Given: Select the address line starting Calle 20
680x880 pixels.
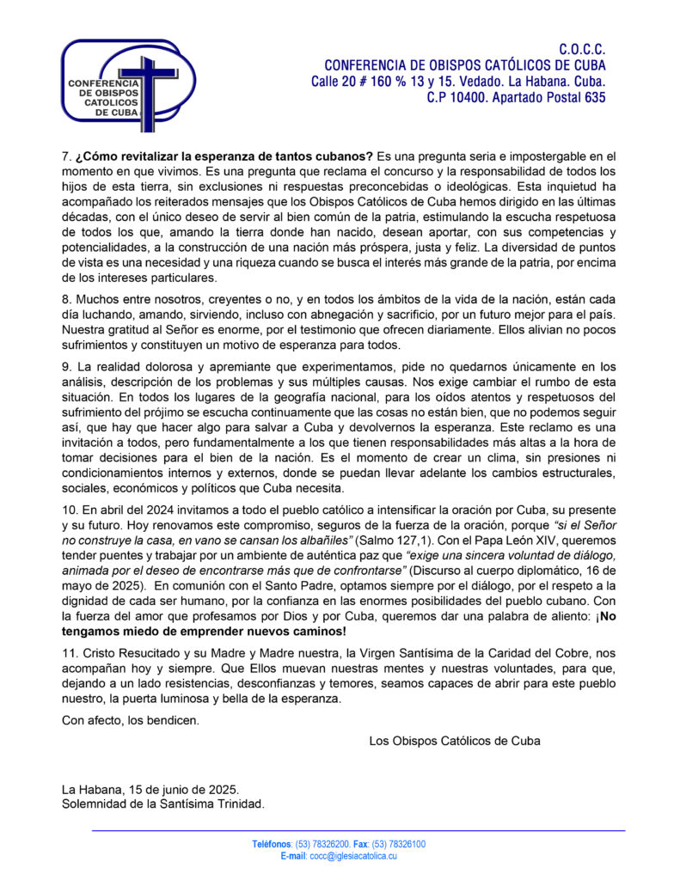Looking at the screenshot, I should [x=458, y=82].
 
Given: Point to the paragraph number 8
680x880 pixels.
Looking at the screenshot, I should [x=66, y=297].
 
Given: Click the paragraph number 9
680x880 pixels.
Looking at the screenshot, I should [x=66, y=367].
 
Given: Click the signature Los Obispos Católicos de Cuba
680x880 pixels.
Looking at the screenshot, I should [x=454, y=740].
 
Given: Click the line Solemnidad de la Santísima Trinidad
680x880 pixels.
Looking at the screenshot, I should [x=163, y=804].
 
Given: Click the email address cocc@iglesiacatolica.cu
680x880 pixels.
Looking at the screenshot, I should [x=353, y=857].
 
